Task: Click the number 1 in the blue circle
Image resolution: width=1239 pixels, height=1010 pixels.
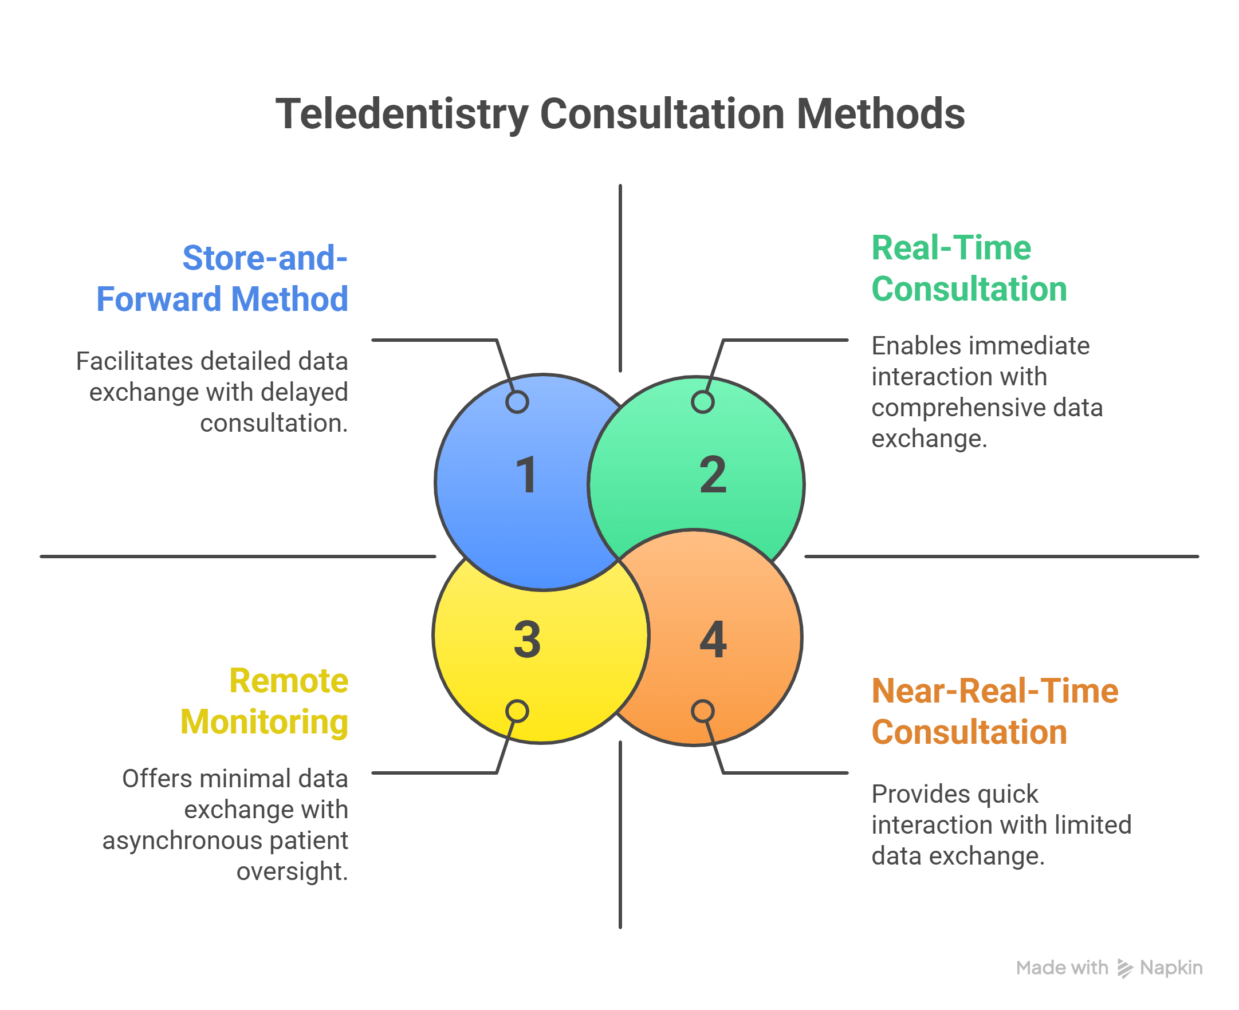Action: (526, 475)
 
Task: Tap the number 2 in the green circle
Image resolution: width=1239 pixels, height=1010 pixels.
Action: (713, 475)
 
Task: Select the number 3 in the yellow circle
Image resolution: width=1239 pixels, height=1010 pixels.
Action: (526, 640)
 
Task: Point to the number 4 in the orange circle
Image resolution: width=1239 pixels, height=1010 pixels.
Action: (713, 640)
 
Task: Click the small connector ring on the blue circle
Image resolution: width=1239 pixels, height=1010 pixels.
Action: (517, 401)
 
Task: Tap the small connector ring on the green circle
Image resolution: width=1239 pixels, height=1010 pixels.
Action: (702, 401)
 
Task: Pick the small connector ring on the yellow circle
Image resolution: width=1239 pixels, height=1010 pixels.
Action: (517, 711)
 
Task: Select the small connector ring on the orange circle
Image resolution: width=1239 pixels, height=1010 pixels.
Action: (702, 711)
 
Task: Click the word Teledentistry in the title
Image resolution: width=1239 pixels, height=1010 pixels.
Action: (402, 114)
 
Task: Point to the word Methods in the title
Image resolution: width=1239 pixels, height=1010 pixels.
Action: (880, 114)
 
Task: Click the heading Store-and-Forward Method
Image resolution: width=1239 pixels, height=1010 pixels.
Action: (222, 278)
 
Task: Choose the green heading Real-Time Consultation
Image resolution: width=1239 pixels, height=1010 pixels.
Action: (969, 268)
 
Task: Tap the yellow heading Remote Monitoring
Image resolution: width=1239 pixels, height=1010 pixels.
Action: (264, 701)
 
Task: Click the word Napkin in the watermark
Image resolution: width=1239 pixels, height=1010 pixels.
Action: (1170, 968)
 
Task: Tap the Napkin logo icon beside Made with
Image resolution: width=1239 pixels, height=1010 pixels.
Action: (1124, 968)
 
